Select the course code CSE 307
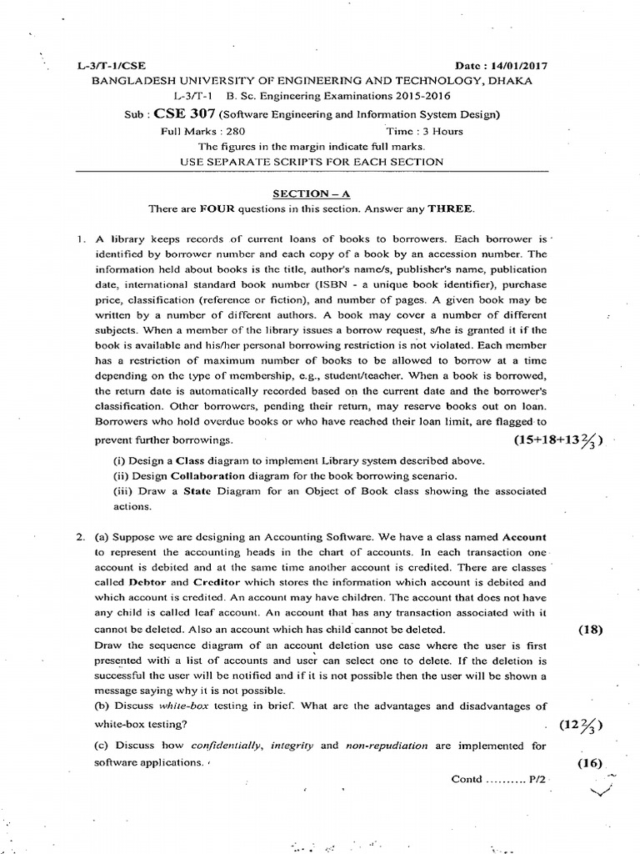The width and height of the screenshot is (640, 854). click(176, 114)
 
